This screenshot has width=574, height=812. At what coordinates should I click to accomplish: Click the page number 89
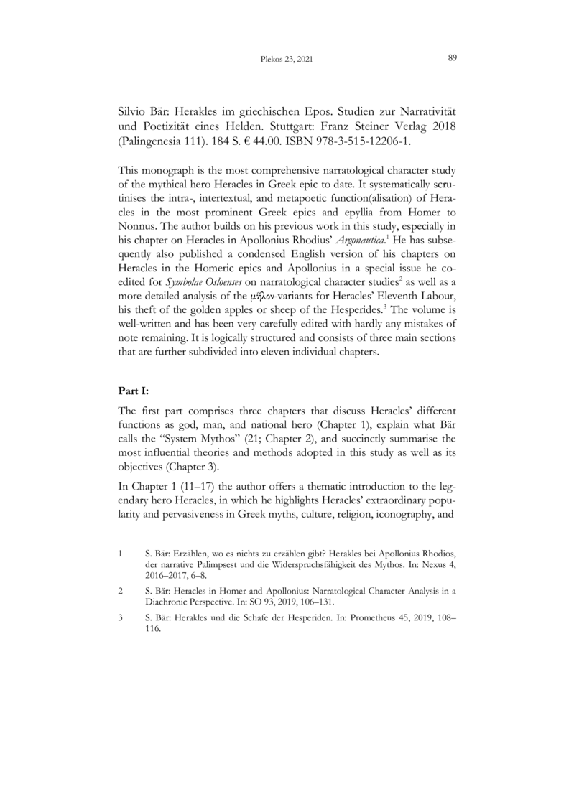pos(453,57)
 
